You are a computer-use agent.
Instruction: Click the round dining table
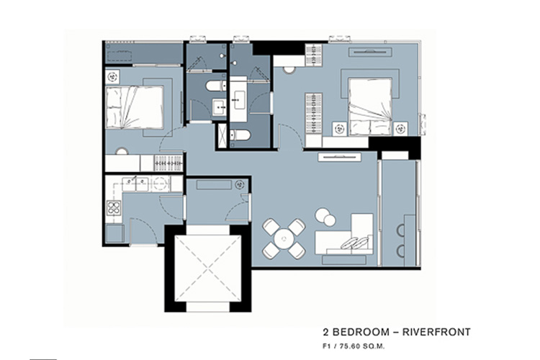point(284,239)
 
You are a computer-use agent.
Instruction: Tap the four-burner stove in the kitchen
point(113,207)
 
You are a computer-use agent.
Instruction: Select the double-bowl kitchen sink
point(135,184)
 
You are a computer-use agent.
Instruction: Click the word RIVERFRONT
point(436,332)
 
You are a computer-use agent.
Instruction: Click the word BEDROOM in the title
point(359,332)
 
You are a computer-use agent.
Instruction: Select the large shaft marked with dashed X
point(207,269)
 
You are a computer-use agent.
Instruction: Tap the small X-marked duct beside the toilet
point(222,135)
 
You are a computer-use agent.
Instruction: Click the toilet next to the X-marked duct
point(239,135)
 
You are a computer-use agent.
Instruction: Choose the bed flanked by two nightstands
point(370,107)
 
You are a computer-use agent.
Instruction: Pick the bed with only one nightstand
point(135,107)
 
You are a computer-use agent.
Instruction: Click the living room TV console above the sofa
point(340,158)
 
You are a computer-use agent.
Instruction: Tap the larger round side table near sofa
point(323,215)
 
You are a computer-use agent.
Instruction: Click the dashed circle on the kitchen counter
point(160,184)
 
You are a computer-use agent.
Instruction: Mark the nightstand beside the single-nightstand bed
point(112,77)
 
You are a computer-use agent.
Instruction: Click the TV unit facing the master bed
point(371,52)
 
